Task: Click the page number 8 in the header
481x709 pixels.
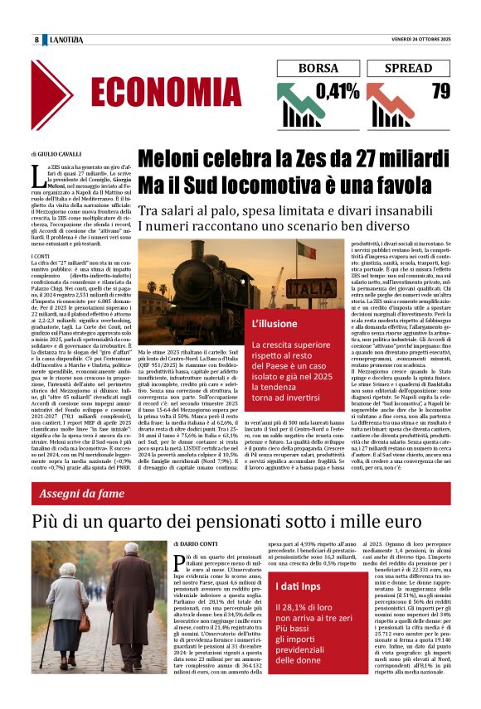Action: click(36, 40)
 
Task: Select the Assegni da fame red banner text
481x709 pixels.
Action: click(80, 494)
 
